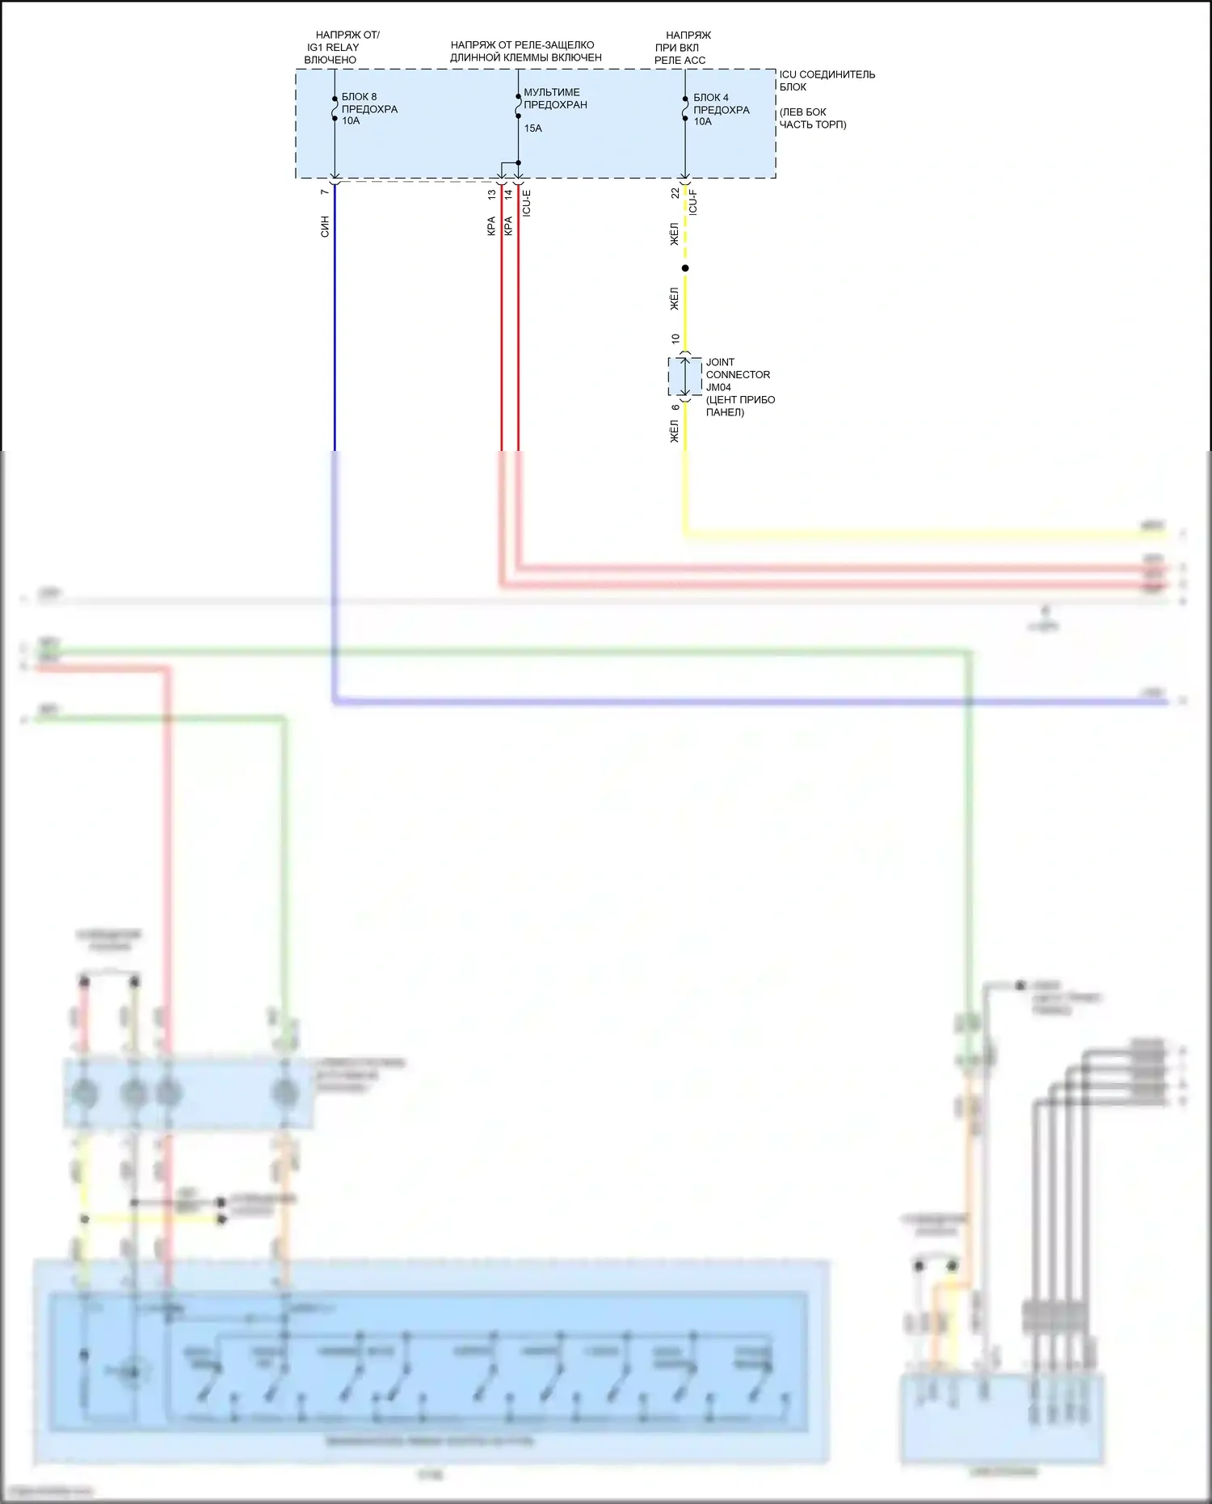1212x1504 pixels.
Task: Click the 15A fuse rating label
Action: click(532, 128)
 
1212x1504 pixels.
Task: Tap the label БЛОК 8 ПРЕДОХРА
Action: click(369, 103)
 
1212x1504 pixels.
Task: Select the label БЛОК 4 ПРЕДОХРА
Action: click(721, 103)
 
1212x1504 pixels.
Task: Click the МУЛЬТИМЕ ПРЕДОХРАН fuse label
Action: click(554, 99)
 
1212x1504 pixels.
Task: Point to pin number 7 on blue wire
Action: click(325, 192)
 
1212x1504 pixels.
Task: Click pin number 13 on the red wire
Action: click(491, 194)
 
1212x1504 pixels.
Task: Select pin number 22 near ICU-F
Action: click(675, 193)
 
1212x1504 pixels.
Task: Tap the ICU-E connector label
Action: click(527, 203)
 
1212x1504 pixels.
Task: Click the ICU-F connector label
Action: click(692, 202)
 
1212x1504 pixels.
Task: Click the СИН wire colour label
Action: click(325, 226)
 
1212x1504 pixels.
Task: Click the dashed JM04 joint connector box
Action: click(684, 377)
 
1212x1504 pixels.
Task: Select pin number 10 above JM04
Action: click(675, 339)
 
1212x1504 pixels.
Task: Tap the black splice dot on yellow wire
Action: click(685, 268)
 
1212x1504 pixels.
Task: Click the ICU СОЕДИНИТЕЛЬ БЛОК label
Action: click(826, 80)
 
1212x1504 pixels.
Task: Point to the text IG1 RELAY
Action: click(333, 48)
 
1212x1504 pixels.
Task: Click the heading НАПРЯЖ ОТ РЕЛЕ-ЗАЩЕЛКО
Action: click(522, 45)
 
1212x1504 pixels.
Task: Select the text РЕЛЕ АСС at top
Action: click(680, 60)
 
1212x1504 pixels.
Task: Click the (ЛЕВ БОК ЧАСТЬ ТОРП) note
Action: click(812, 118)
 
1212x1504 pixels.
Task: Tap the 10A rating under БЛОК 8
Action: click(351, 121)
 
